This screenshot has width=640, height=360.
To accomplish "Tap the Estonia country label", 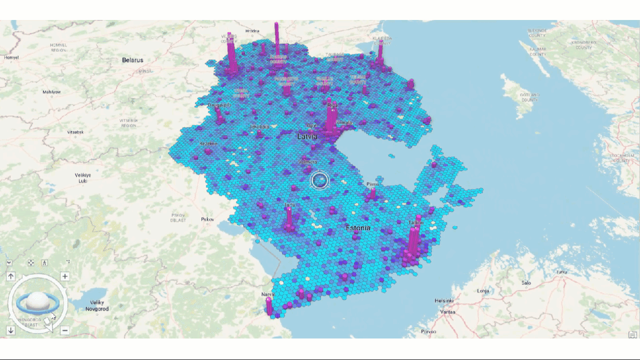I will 358,228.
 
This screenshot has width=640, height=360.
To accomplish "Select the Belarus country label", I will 132,60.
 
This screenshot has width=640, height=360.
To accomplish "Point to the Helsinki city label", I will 444,300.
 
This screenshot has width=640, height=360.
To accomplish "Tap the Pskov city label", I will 207,219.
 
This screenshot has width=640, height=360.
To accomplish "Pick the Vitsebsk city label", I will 75,132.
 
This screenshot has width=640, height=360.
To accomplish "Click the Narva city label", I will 268,294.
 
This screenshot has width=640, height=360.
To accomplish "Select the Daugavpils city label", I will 219,105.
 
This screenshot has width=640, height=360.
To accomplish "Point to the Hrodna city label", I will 252,31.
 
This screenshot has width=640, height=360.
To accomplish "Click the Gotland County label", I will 529,97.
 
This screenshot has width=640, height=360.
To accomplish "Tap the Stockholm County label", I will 621,158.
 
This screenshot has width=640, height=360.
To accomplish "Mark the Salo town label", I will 526,283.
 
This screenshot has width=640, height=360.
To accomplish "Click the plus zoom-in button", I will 64,276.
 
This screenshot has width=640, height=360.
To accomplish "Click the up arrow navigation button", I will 11,276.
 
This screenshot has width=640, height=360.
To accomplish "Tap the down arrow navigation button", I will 11,330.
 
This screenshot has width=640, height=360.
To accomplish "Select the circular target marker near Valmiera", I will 319,180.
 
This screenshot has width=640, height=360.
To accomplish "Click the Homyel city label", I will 11,57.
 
